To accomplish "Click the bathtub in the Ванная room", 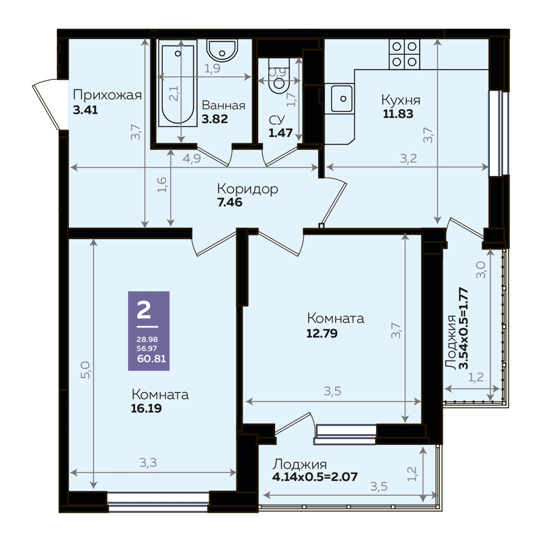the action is [178, 83].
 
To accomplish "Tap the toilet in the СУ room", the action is [279, 76].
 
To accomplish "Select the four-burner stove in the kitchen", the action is [404, 54].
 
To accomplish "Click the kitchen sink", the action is [342, 99].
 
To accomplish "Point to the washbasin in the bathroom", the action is [222, 51].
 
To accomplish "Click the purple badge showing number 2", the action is [149, 331].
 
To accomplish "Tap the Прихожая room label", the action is [107, 95].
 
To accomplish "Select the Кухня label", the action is [401, 100].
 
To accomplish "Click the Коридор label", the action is [248, 189].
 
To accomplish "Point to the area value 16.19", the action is [146, 409].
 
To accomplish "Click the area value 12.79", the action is [322, 333].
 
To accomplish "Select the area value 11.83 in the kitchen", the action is [398, 114].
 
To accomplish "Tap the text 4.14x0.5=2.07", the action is [315, 477].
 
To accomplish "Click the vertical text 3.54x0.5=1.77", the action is [463, 328].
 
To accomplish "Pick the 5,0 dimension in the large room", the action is [85, 369].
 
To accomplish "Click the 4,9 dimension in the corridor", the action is [192, 159].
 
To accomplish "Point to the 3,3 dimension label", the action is [148, 463].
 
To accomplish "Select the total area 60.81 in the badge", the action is [152, 359].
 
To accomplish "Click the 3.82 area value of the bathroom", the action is [214, 119].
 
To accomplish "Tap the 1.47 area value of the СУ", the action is [281, 133].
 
